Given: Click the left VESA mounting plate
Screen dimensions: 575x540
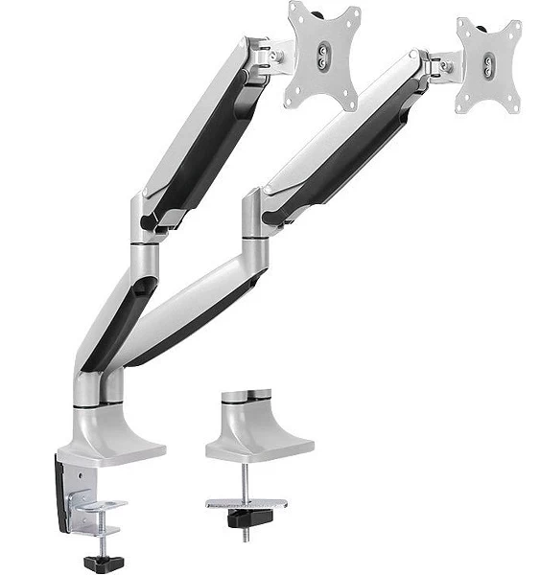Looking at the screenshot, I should click(x=324, y=55).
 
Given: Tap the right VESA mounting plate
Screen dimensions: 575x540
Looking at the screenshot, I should click(x=489, y=65).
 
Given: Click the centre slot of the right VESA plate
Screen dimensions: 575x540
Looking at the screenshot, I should click(x=490, y=66).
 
